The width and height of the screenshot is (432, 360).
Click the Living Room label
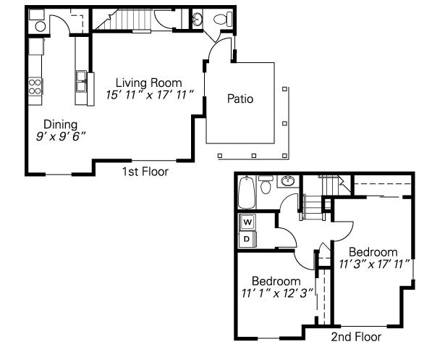coord(149,83)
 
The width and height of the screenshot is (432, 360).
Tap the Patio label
coord(240,99)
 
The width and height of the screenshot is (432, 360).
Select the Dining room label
coord(61,125)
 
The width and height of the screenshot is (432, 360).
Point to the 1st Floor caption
coord(145,172)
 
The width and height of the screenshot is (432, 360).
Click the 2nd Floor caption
coord(356,337)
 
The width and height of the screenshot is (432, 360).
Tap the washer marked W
coord(247,222)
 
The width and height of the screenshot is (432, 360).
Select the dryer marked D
coord(247,239)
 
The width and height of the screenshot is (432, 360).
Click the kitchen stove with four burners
coord(35,87)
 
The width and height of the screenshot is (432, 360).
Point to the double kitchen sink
coord(81,81)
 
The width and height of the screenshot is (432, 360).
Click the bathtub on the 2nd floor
coord(247,193)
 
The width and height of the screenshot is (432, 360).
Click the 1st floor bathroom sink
coord(198,20)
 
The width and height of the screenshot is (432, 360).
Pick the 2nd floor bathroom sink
coord(288,181)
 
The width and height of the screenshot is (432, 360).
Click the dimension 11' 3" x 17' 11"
coord(374,264)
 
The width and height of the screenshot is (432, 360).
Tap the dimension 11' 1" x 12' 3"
coord(278,293)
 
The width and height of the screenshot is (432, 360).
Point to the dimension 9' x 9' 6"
coord(61,136)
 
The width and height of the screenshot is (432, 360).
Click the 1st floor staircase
coord(124,19)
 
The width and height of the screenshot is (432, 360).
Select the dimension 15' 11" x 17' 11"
coord(149,95)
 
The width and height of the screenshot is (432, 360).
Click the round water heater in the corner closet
coord(41,27)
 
